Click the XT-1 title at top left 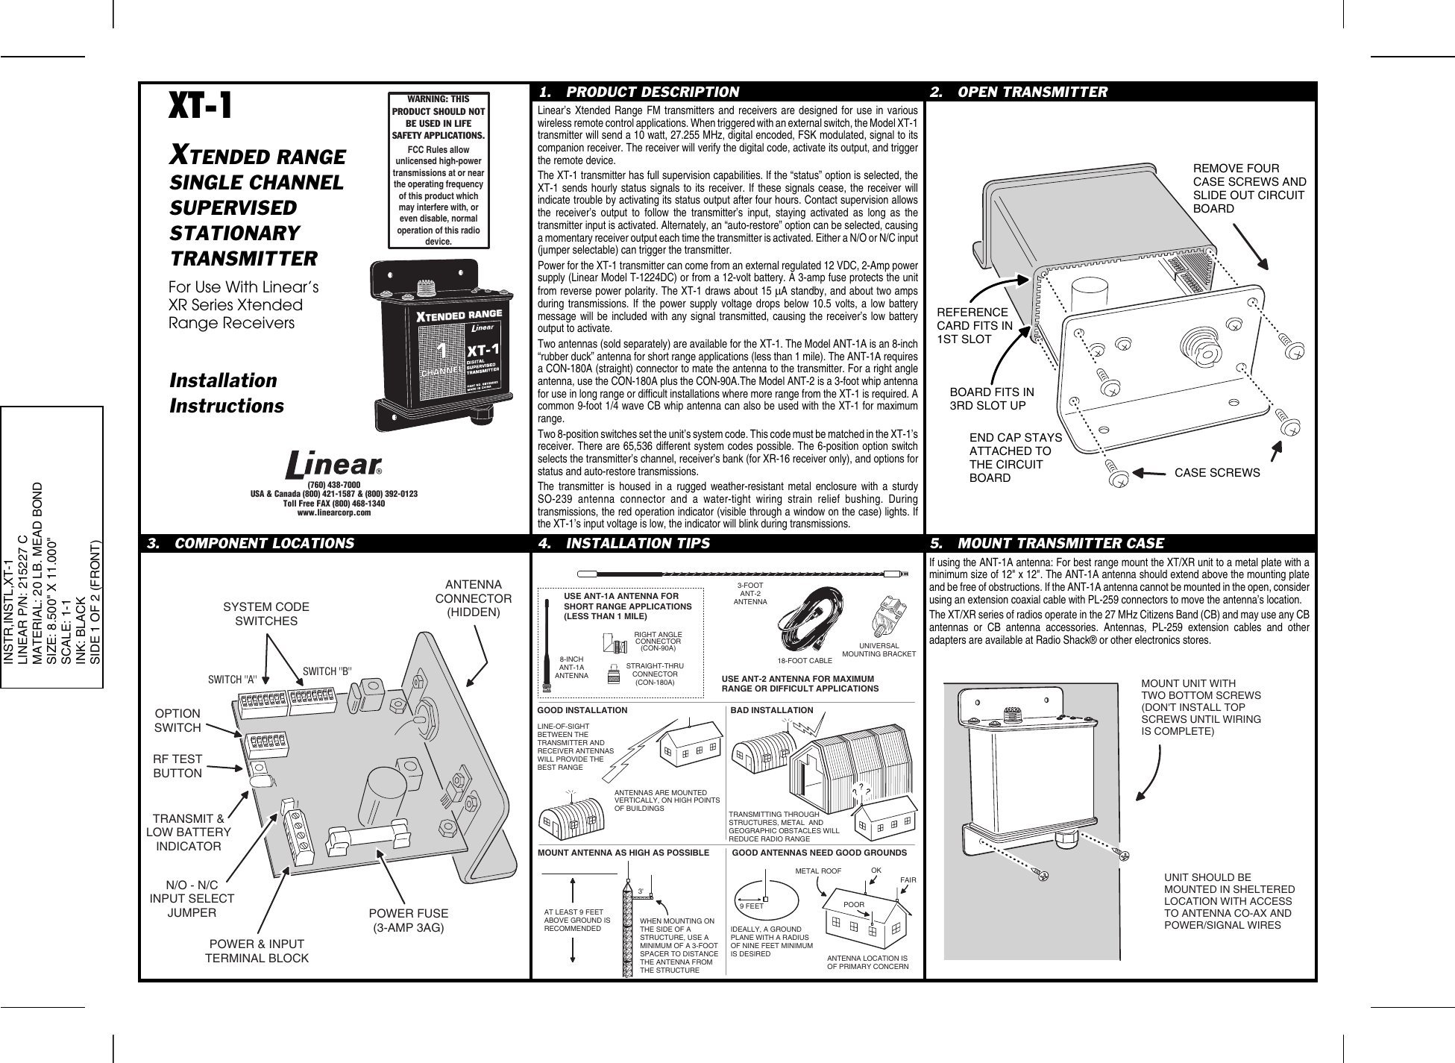click(x=201, y=106)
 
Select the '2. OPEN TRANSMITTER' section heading click(x=1032, y=92)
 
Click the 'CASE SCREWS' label click(x=1217, y=473)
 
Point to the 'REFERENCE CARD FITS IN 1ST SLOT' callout click(x=975, y=326)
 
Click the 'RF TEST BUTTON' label click(x=177, y=766)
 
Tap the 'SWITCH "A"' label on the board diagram click(x=232, y=680)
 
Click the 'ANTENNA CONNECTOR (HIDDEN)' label click(x=473, y=598)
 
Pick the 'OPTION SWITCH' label click(x=177, y=720)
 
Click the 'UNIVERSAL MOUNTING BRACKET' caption click(x=879, y=649)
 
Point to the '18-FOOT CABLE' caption click(x=804, y=661)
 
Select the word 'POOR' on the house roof click(x=853, y=904)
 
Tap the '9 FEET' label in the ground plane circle click(x=751, y=906)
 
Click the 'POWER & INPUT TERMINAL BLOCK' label click(x=257, y=951)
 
